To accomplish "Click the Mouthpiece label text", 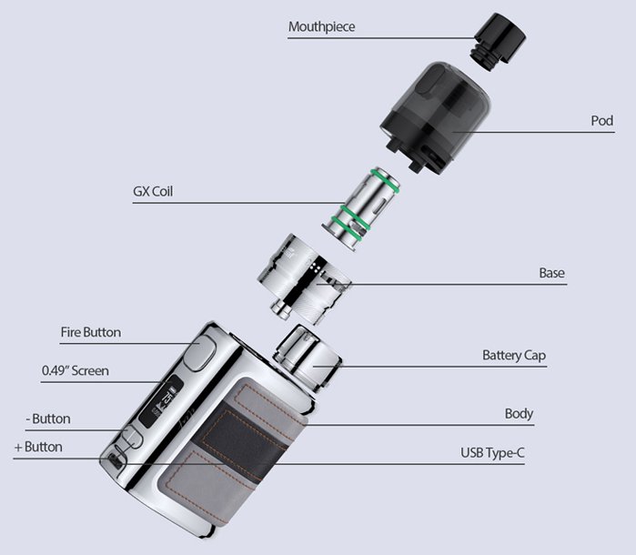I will point(321,26).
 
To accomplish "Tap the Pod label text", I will point(602,120).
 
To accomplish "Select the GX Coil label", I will point(152,192).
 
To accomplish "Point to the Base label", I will point(552,273).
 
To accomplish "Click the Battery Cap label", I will point(514,355).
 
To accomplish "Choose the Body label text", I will point(519,414).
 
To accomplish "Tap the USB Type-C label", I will point(492,452).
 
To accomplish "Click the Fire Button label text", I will point(90,332).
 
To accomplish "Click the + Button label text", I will point(38,447).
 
